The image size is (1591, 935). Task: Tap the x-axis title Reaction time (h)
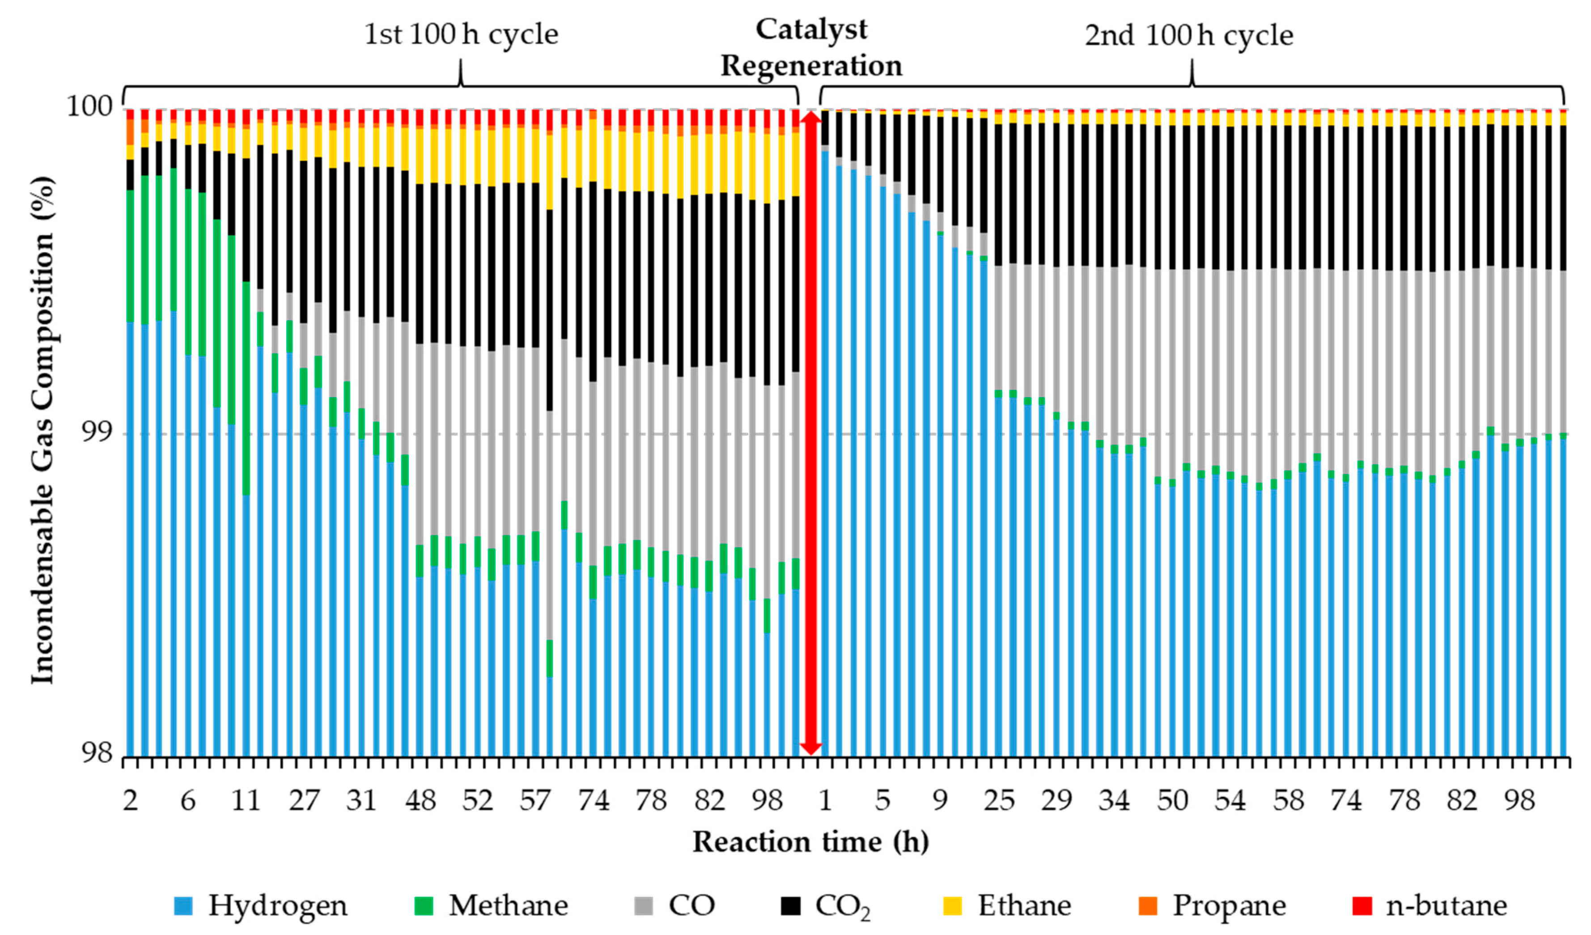pos(810,842)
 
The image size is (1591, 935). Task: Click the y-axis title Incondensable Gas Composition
pos(43,429)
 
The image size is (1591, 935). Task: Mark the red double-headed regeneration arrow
pos(810,432)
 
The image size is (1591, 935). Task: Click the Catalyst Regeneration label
pos(811,47)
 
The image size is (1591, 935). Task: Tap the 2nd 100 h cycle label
pos(1189,35)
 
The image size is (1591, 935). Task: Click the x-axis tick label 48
pos(420,800)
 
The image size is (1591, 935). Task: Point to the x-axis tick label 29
pos(1056,800)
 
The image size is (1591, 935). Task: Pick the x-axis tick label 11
pos(246,800)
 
